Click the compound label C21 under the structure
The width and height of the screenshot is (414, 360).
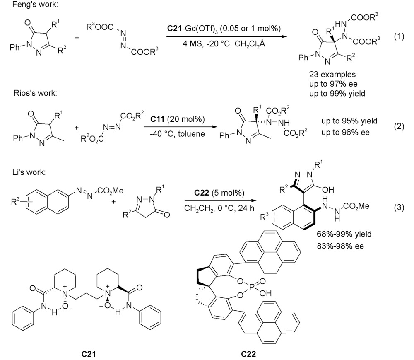coord(89,354)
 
